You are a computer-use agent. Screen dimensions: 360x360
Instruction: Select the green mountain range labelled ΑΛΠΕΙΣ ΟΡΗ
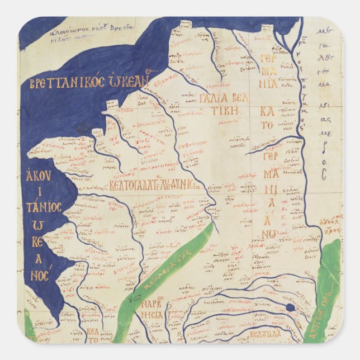click(x=327, y=291)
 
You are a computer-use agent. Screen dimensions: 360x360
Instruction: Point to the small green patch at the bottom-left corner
click(x=29, y=333)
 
